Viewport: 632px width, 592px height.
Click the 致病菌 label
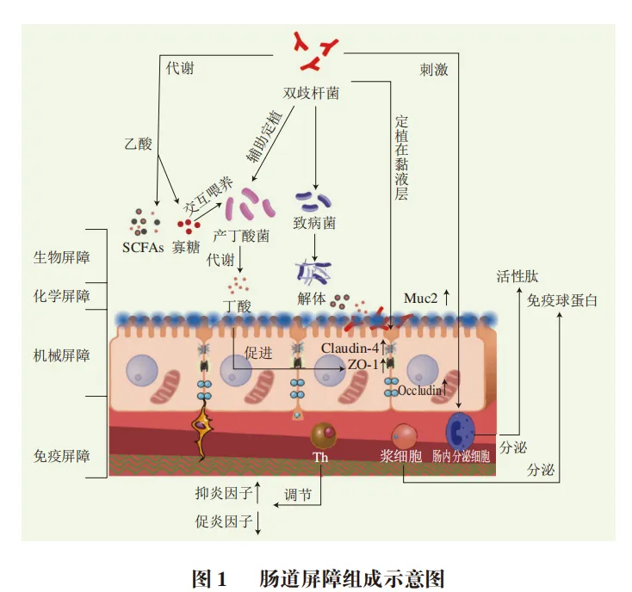(316, 223)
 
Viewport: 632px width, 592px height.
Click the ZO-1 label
(362, 365)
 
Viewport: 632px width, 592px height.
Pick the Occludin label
(419, 390)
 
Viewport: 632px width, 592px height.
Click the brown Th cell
(325, 435)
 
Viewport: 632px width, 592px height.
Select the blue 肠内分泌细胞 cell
(459, 431)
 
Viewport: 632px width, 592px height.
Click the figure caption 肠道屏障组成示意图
(352, 577)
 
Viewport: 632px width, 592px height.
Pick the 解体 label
(311, 299)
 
